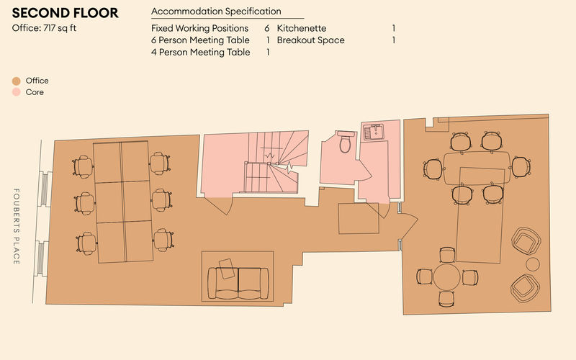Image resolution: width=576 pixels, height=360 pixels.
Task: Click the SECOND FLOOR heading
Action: (66, 14)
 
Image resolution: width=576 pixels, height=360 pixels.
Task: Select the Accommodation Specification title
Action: (216, 12)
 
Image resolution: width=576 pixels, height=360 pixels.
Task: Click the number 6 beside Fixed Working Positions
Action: (267, 28)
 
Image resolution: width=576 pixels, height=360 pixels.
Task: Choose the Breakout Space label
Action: (310, 40)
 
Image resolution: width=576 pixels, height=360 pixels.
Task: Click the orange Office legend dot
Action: (16, 81)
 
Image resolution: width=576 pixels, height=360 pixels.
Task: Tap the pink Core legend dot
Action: (16, 92)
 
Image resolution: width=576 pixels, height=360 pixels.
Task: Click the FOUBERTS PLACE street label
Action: (16, 227)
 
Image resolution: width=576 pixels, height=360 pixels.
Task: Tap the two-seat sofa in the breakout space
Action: (238, 283)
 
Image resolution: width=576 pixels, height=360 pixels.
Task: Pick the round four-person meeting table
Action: (448, 277)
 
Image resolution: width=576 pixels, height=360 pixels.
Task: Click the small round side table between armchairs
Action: (533, 264)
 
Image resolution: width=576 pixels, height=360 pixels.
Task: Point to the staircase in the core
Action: (270, 162)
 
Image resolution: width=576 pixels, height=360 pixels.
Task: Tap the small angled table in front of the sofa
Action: (227, 268)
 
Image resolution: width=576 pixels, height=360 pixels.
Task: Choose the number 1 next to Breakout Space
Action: (394, 40)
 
